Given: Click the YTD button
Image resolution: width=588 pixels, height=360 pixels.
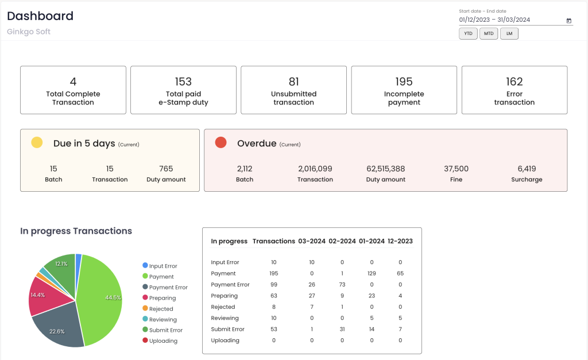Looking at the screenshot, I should pos(468,34).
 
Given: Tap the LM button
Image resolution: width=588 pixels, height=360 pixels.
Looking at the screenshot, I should pos(509,34).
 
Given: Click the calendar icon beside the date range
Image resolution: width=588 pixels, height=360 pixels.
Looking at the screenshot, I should pos(569,21).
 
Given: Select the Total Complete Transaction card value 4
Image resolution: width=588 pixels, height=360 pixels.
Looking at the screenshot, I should pos(73,82).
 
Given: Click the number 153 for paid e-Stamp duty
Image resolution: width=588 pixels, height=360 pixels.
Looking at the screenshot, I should pos(183,82).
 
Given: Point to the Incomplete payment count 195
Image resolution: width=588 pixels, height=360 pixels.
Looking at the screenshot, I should pos(404,82).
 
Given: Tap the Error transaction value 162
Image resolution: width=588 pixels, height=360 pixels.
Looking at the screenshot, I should pos(514,82).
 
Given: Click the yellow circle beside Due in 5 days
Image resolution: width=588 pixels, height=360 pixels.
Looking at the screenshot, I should pos(37,143).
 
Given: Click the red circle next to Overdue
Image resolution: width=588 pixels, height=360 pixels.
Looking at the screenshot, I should pos(220,143).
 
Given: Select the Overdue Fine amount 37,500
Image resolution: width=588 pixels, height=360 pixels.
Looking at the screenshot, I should pos(456,169).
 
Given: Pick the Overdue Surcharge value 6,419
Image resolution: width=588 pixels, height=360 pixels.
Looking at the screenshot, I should pos(526,169).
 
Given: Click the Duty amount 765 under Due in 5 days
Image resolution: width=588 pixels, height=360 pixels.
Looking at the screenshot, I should pos(166,169).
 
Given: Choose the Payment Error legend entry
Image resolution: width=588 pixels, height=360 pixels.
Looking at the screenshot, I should pos(168,287).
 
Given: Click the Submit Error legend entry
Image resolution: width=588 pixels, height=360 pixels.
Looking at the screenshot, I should pos(165,330).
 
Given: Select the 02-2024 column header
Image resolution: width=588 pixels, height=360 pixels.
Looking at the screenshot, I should pos(342,241).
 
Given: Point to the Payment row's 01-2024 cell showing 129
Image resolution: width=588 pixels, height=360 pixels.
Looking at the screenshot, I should pos(372,273).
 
